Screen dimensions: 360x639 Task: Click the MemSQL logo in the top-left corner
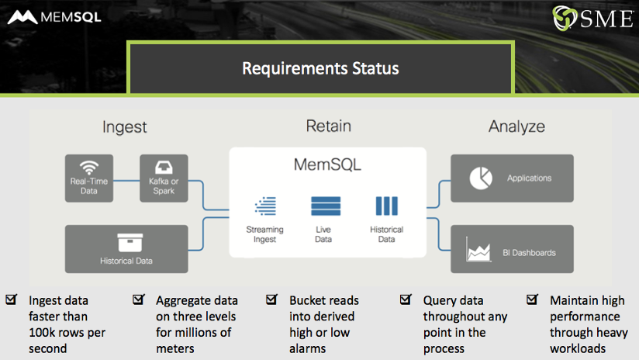(54, 16)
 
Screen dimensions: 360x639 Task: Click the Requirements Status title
(320, 68)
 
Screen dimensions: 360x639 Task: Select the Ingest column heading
(124, 126)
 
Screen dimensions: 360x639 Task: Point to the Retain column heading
(328, 126)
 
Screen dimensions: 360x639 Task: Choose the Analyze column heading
(516, 126)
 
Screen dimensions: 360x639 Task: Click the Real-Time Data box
(88, 178)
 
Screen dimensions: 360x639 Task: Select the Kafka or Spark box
(164, 178)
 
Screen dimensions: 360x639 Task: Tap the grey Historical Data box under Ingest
(126, 248)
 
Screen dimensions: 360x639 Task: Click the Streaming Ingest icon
(265, 206)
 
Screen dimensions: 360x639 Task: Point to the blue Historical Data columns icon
(386, 206)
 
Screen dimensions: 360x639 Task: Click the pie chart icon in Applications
(481, 178)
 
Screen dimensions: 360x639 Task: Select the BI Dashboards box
(512, 249)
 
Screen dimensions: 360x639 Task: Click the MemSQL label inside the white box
(327, 164)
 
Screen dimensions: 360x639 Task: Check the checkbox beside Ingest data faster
(11, 299)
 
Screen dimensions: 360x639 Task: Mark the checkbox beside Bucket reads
(271, 299)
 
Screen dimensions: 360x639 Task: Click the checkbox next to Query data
(405, 299)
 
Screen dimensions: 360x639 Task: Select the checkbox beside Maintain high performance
(532, 299)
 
